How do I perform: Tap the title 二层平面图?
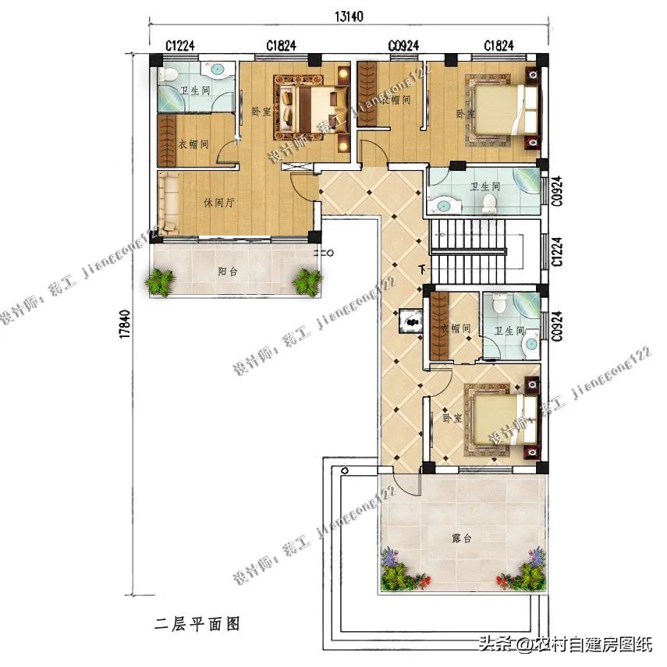pyautogui.click(x=196, y=623)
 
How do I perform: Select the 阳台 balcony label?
pyautogui.click(x=229, y=272)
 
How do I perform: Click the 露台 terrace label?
pyautogui.click(x=462, y=538)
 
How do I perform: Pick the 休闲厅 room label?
pyautogui.click(x=220, y=203)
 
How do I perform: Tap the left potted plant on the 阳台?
pyautogui.click(x=161, y=281)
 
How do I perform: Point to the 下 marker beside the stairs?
pyautogui.click(x=423, y=270)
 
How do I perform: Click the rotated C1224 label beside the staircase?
pyautogui.click(x=557, y=252)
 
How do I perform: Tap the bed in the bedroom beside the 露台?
pyautogui.click(x=499, y=420)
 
